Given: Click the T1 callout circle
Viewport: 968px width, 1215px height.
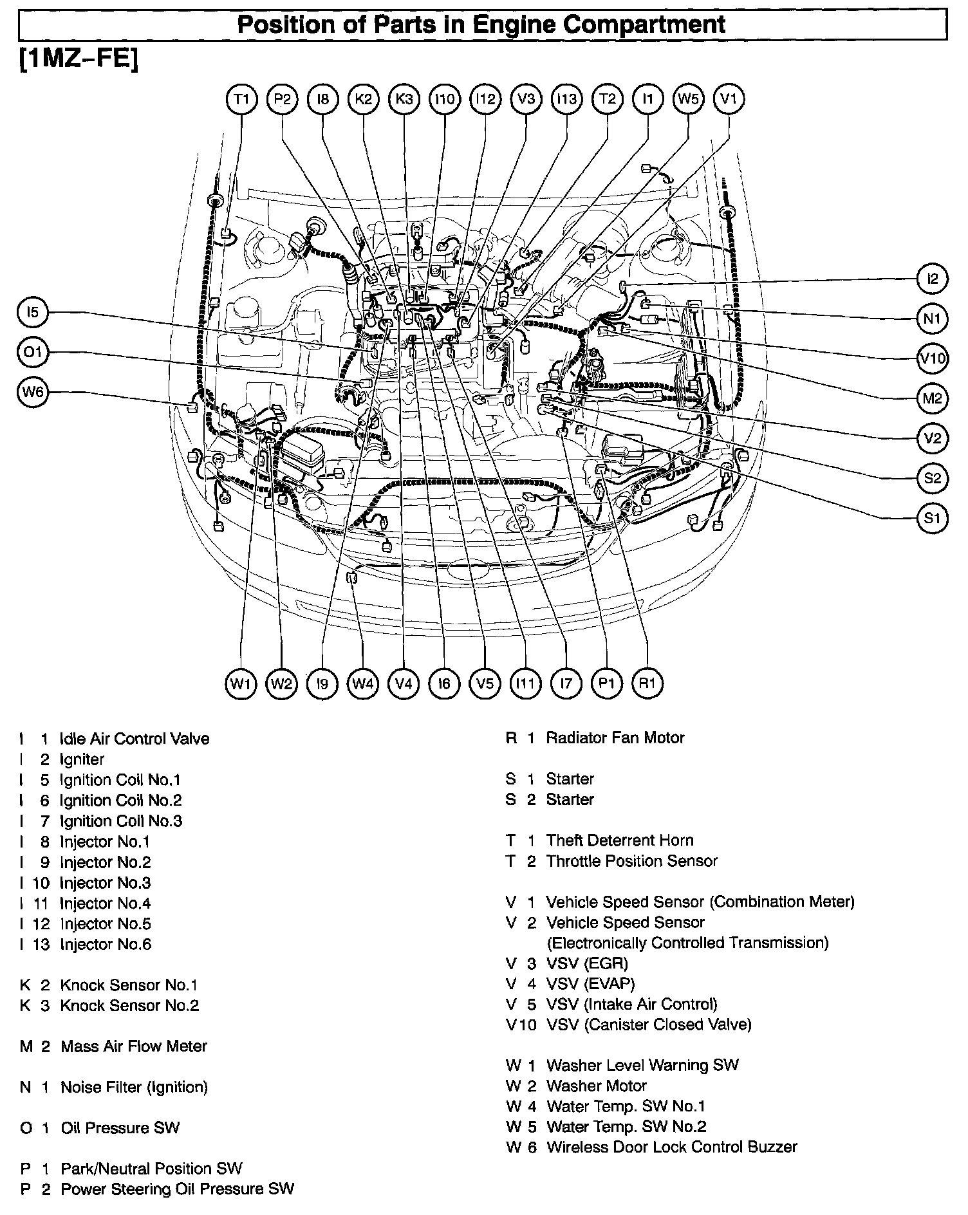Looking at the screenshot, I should pos(241,99).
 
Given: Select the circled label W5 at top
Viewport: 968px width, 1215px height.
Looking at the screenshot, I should pos(688,99).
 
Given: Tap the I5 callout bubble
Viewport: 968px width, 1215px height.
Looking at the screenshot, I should pos(33,313).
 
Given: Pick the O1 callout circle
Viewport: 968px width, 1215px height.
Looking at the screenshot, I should pos(33,353).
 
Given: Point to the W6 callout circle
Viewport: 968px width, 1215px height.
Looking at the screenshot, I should pos(33,392).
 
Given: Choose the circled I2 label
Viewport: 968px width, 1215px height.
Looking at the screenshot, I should pos(932,279).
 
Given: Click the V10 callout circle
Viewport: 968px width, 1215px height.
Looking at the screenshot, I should pos(932,358).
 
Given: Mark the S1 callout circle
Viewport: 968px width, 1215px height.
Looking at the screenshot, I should pos(932,518).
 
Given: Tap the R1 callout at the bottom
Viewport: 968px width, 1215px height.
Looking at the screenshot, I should pos(647,683).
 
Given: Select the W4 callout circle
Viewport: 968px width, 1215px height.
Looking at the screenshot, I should pos(363,683).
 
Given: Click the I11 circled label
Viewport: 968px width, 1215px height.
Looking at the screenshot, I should pos(525,683).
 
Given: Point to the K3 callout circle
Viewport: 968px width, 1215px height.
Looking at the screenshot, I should pos(404,99).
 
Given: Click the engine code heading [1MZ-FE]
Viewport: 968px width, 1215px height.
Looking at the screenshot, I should pos(79,60).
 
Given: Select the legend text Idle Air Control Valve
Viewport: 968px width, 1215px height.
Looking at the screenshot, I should pos(134,739).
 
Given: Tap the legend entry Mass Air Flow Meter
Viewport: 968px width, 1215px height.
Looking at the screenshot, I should pos(134,1046).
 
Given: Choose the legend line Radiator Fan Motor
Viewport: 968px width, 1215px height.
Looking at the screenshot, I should pos(615,738).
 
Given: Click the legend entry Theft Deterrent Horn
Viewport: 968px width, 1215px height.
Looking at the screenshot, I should pos(620,840).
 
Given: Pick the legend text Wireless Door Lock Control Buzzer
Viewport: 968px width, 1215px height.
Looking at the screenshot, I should pos(671,1147).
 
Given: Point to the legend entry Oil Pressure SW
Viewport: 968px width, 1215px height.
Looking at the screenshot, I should pos(120,1128).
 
